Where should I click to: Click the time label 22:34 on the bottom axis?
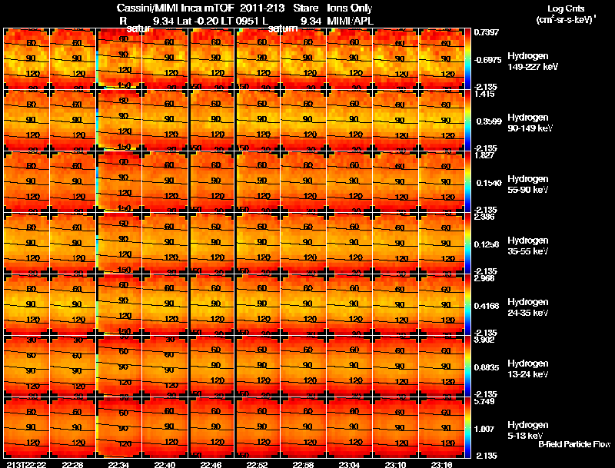tap(119, 464)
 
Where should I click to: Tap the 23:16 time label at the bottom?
tap(443, 464)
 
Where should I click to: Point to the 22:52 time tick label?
tap(258, 464)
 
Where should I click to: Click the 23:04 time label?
tap(350, 464)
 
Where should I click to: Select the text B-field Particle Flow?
tap(574, 445)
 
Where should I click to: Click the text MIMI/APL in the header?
tap(350, 21)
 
